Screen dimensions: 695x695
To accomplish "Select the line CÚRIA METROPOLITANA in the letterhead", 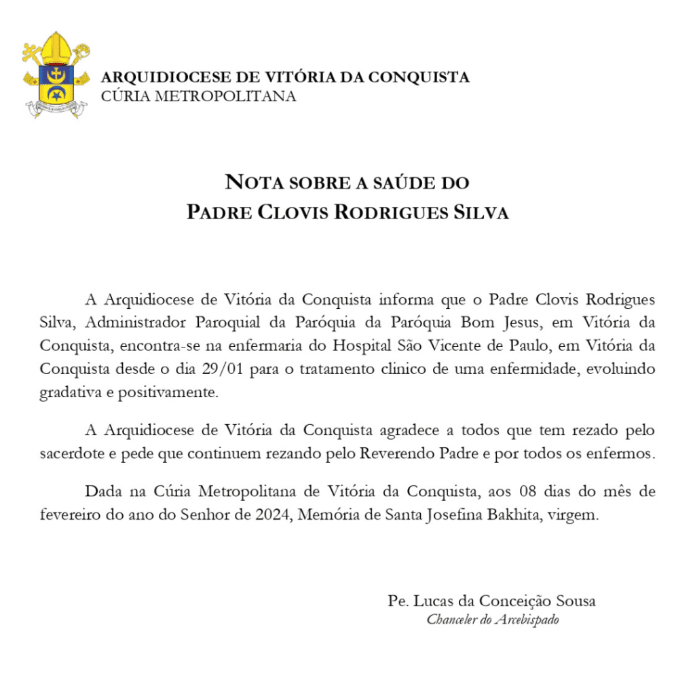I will tap(198, 96).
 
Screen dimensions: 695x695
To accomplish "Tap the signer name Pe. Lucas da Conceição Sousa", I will tap(492, 601).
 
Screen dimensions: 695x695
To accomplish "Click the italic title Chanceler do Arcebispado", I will tap(493, 620).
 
